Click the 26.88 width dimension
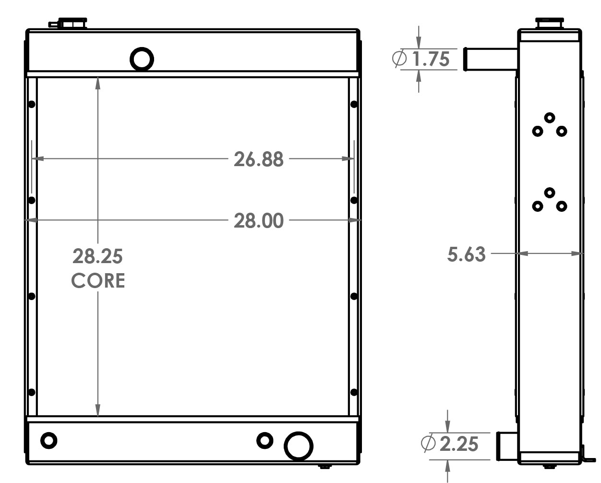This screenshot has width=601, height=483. pyautogui.click(x=258, y=159)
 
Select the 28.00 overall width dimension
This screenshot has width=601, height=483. pyautogui.click(x=258, y=221)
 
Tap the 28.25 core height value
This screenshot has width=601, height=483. pyautogui.click(x=98, y=256)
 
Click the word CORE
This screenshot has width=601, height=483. pyautogui.click(x=98, y=281)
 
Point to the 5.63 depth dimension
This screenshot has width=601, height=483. pyautogui.click(x=466, y=254)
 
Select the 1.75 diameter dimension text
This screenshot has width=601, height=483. pyautogui.click(x=431, y=59)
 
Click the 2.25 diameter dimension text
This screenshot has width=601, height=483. pyautogui.click(x=458, y=444)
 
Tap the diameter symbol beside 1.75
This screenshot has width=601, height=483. pyautogui.click(x=399, y=59)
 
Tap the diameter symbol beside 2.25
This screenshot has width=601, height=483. pyautogui.click(x=428, y=444)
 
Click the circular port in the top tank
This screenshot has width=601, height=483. pyautogui.click(x=142, y=59)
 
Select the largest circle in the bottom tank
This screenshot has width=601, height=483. pyautogui.click(x=298, y=446)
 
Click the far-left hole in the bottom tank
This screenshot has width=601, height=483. pyautogui.click(x=48, y=440)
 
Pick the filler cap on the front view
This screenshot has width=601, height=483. pyautogui.click(x=72, y=23)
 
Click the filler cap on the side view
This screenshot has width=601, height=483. pyautogui.click(x=550, y=23)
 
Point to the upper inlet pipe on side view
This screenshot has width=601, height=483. pyautogui.click(x=490, y=59)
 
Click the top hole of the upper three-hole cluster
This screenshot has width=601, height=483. pyautogui.click(x=550, y=118)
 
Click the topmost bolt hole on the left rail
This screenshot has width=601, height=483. pyautogui.click(x=32, y=104)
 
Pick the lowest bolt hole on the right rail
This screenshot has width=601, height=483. pyautogui.click(x=354, y=392)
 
